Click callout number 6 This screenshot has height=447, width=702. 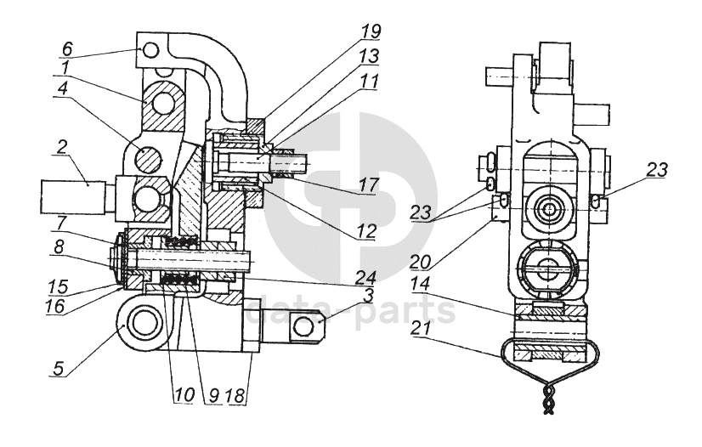66,49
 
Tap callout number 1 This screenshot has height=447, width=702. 65,68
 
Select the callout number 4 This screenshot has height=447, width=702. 62,88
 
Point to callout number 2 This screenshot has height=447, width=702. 61,147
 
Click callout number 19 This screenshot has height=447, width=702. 371,31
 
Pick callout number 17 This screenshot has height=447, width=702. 369,184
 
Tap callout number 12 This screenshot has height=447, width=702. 366,231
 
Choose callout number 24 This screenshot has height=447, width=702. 365,277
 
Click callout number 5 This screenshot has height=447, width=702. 58,369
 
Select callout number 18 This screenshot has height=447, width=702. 235,395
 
